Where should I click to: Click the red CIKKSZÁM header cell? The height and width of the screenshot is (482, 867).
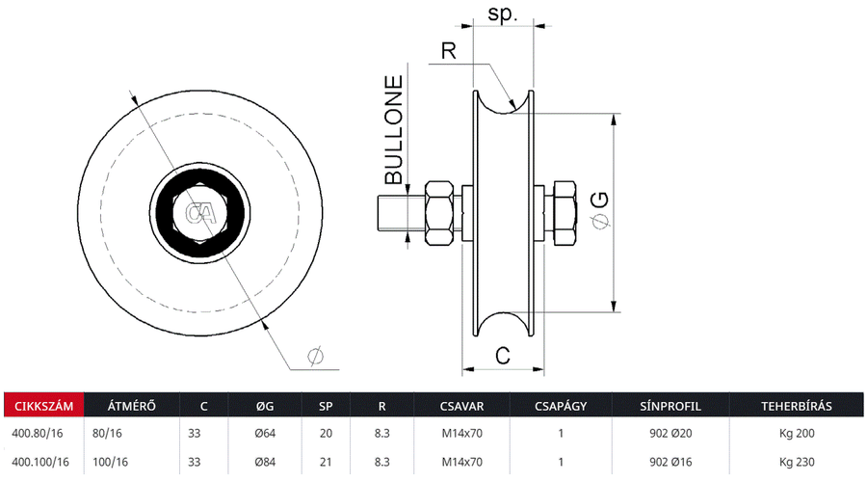pyautogui.click(x=43, y=405)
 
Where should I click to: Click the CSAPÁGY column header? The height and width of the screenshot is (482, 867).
pyautogui.click(x=561, y=405)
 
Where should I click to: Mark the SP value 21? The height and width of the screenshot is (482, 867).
pyautogui.click(x=326, y=462)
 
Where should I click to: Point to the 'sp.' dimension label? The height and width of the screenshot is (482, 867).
pyautogui.click(x=503, y=13)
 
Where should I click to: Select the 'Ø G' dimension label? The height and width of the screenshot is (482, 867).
pyautogui.click(x=598, y=210)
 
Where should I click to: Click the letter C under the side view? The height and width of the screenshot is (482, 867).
pyautogui.click(x=502, y=355)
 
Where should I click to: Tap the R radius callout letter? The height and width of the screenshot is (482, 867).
pyautogui.click(x=448, y=50)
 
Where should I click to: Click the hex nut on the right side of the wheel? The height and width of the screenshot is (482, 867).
pyautogui.click(x=562, y=212)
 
